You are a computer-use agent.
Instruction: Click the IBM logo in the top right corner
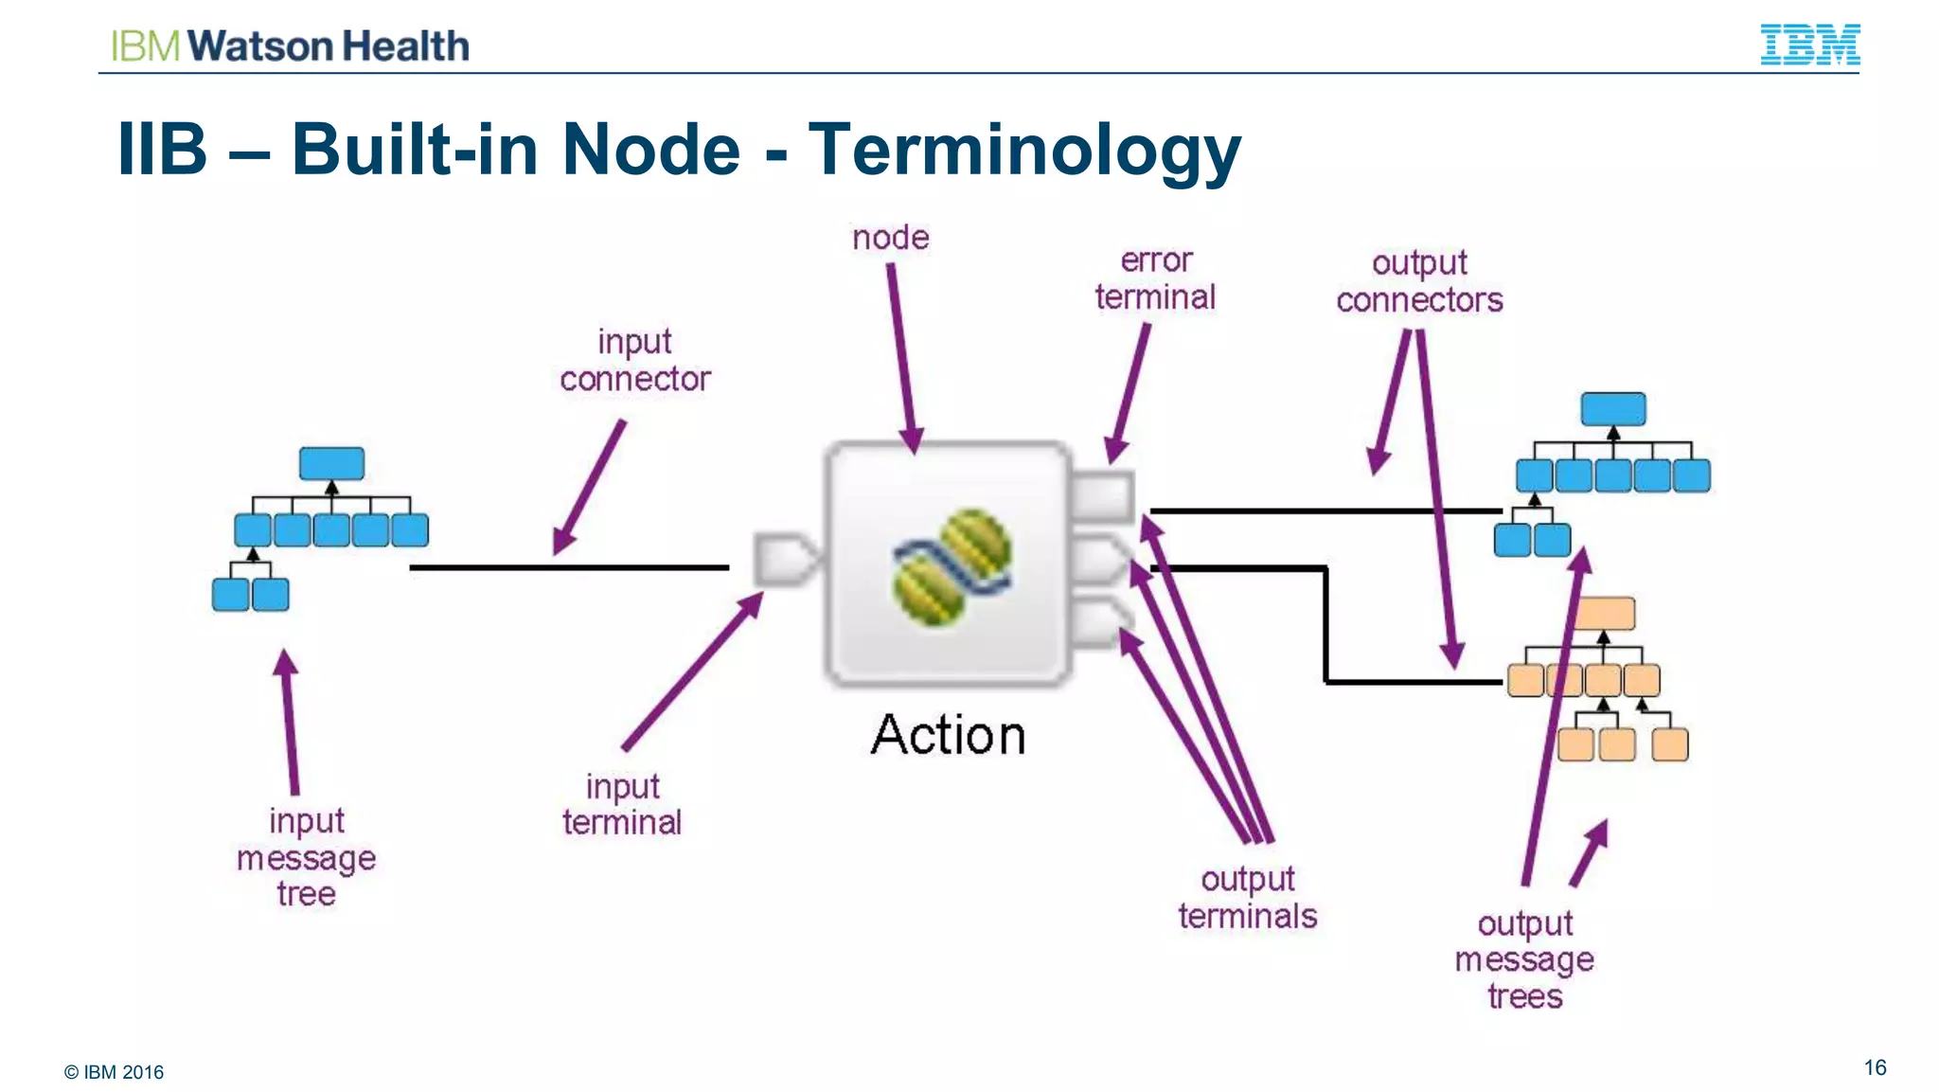click(1809, 45)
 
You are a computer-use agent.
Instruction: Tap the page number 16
click(1875, 1067)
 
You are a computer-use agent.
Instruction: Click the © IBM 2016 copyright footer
click(114, 1072)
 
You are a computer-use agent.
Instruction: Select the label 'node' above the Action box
click(890, 238)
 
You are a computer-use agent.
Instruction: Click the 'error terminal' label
click(1155, 279)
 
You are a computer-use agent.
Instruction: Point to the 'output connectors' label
click(1419, 281)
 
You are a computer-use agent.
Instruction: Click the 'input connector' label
click(634, 360)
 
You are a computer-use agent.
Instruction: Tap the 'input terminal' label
click(622, 804)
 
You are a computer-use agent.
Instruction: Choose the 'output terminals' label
click(1247, 897)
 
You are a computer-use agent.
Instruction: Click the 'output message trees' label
click(1524, 959)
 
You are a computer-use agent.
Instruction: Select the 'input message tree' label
click(306, 857)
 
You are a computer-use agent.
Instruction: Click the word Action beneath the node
click(948, 735)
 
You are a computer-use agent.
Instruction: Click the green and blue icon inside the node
click(952, 566)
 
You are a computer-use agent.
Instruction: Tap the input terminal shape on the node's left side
click(785, 559)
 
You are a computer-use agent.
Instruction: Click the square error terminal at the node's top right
click(1102, 494)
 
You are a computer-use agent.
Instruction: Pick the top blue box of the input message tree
click(331, 463)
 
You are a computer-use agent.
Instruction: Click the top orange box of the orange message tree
click(1605, 614)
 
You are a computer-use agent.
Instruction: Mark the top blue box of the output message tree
click(1612, 409)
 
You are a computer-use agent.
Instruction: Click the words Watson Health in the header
click(329, 45)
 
